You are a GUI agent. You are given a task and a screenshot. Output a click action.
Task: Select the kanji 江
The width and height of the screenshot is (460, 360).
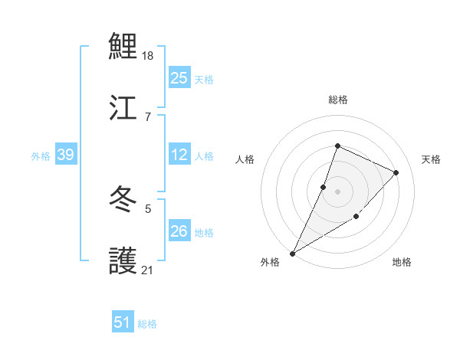click(x=123, y=107)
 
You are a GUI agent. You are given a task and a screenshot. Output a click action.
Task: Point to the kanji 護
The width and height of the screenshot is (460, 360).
click(x=123, y=262)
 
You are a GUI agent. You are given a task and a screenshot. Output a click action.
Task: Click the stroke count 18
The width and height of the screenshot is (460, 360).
click(x=149, y=55)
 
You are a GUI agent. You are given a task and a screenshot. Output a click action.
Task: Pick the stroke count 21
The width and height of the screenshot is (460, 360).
click(x=148, y=270)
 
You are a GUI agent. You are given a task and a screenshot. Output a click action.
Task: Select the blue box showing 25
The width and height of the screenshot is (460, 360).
click(x=179, y=78)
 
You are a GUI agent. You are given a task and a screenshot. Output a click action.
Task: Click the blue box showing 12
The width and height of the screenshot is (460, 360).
click(x=179, y=155)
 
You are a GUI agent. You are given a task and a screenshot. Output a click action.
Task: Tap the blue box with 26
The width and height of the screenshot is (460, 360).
click(x=179, y=231)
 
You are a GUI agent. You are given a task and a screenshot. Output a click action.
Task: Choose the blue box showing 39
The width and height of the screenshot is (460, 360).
click(x=65, y=155)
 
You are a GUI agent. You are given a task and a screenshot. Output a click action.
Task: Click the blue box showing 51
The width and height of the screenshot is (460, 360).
click(x=123, y=322)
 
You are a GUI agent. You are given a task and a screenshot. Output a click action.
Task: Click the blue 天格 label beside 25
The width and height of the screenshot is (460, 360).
click(x=204, y=79)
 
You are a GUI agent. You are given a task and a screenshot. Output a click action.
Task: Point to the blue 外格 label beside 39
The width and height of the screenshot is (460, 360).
click(x=41, y=156)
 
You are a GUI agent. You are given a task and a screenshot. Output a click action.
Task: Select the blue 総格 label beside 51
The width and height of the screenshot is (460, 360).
click(x=147, y=324)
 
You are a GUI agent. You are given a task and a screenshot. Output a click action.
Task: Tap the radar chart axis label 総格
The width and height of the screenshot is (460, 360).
click(x=338, y=100)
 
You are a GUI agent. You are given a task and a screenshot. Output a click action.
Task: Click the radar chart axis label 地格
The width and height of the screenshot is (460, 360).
click(x=402, y=263)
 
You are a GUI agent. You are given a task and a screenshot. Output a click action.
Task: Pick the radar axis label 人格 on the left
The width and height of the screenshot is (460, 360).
click(x=245, y=159)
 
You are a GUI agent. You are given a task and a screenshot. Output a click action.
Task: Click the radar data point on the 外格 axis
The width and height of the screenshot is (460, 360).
click(x=293, y=253)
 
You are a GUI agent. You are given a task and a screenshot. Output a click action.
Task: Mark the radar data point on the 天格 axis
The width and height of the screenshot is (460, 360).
click(x=396, y=172)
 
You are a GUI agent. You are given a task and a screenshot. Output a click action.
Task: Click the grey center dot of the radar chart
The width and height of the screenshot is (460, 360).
click(x=337, y=191)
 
